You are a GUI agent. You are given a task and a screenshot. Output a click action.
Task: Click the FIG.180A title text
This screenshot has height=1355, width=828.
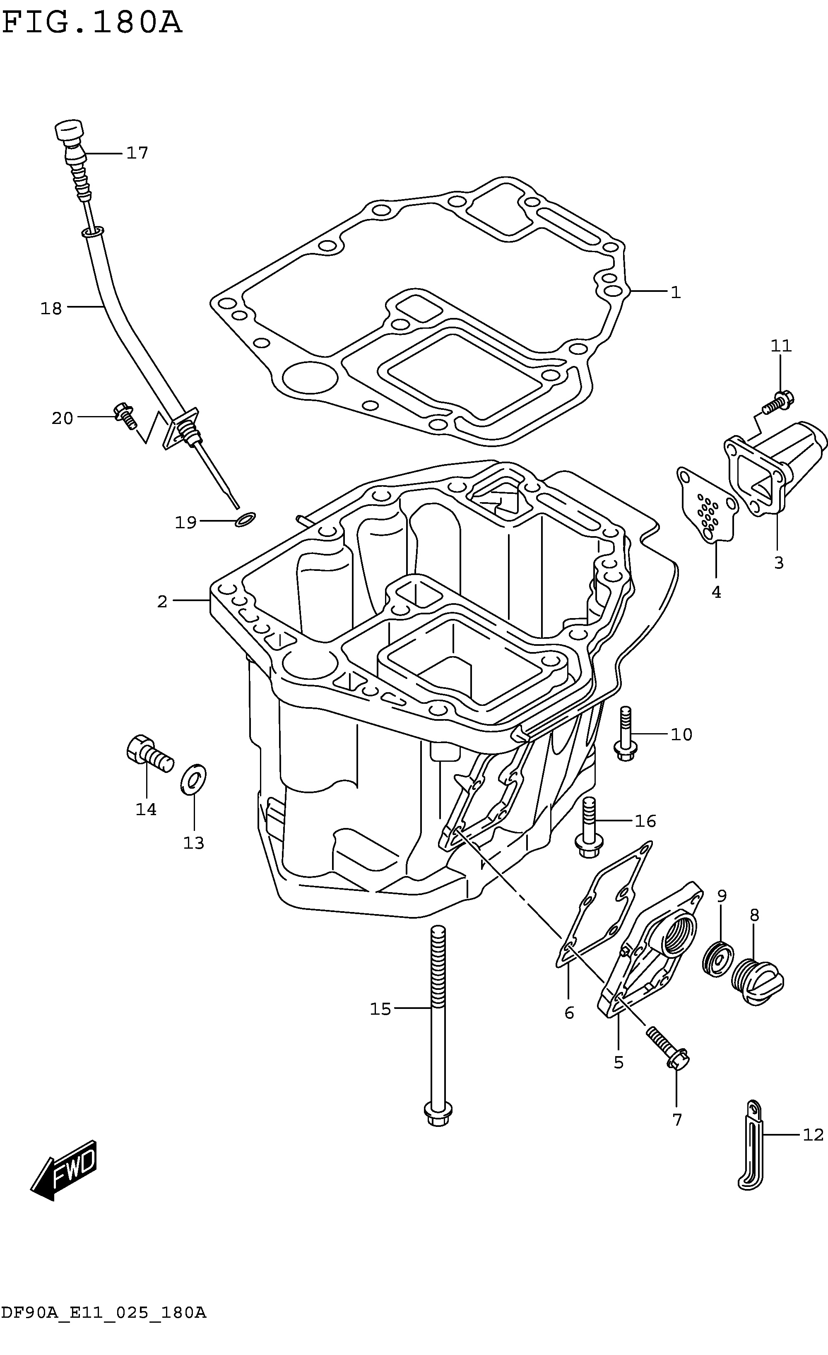[92, 24]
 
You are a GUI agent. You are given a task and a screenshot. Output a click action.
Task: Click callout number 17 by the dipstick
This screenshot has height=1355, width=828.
[137, 153]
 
